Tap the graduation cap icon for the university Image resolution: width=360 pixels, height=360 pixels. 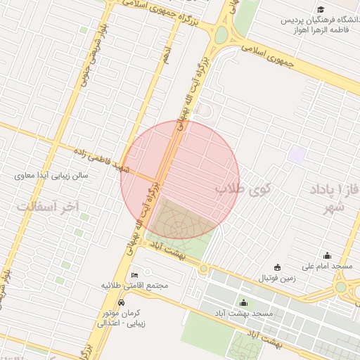click(x=321, y=10)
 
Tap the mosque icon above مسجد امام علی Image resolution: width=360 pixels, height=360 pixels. click(x=327, y=256)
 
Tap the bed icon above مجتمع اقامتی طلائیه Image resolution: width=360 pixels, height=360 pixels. click(x=135, y=274)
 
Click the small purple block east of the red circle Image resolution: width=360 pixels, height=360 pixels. click(x=297, y=154)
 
